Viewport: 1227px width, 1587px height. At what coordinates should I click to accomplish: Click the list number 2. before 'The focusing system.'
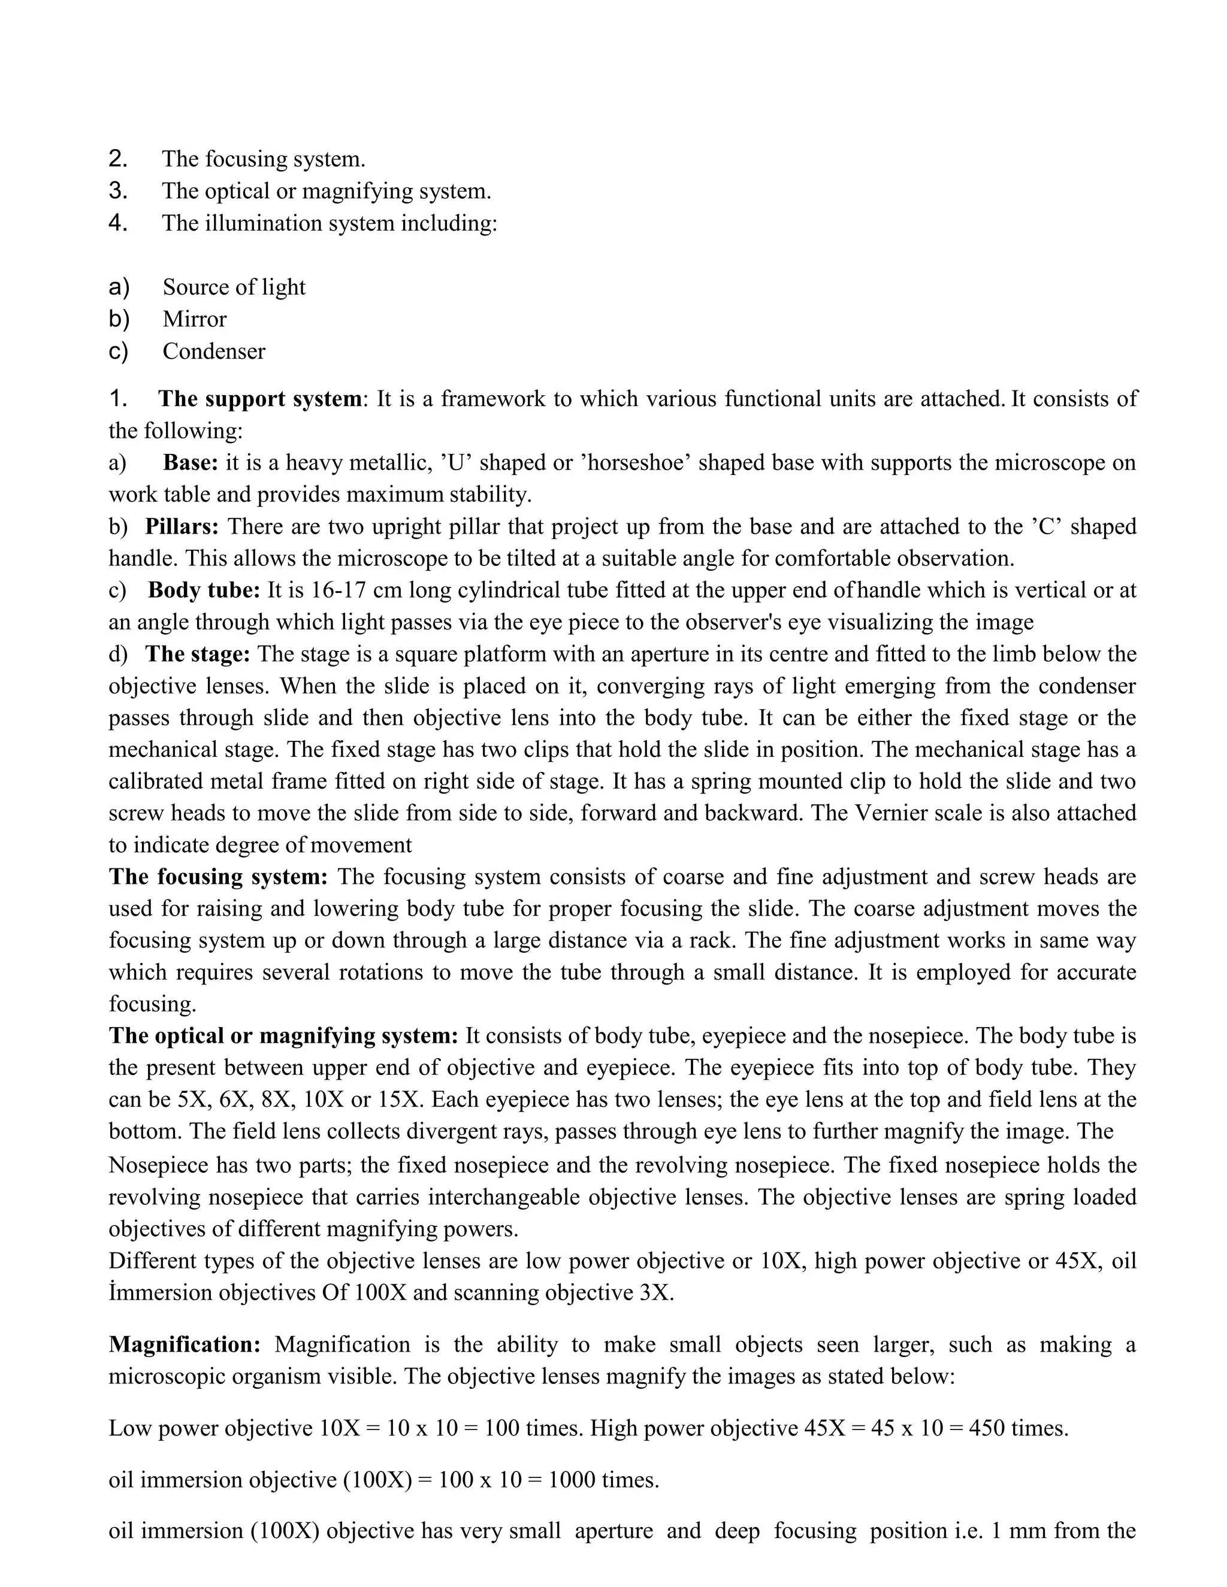click(118, 159)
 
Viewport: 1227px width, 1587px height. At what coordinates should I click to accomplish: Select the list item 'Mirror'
click(194, 319)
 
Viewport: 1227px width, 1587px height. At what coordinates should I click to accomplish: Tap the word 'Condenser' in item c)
click(214, 351)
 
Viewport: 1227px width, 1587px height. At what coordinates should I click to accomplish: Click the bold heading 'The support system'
click(259, 399)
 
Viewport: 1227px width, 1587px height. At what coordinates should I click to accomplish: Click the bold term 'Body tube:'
click(204, 590)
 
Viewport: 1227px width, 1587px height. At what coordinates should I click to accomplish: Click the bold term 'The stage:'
click(197, 654)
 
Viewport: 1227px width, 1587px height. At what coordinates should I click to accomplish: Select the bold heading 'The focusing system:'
click(218, 877)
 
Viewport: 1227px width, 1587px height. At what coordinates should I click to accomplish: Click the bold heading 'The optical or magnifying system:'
click(283, 1036)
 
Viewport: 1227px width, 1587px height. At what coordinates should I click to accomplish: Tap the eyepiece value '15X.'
click(401, 1100)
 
